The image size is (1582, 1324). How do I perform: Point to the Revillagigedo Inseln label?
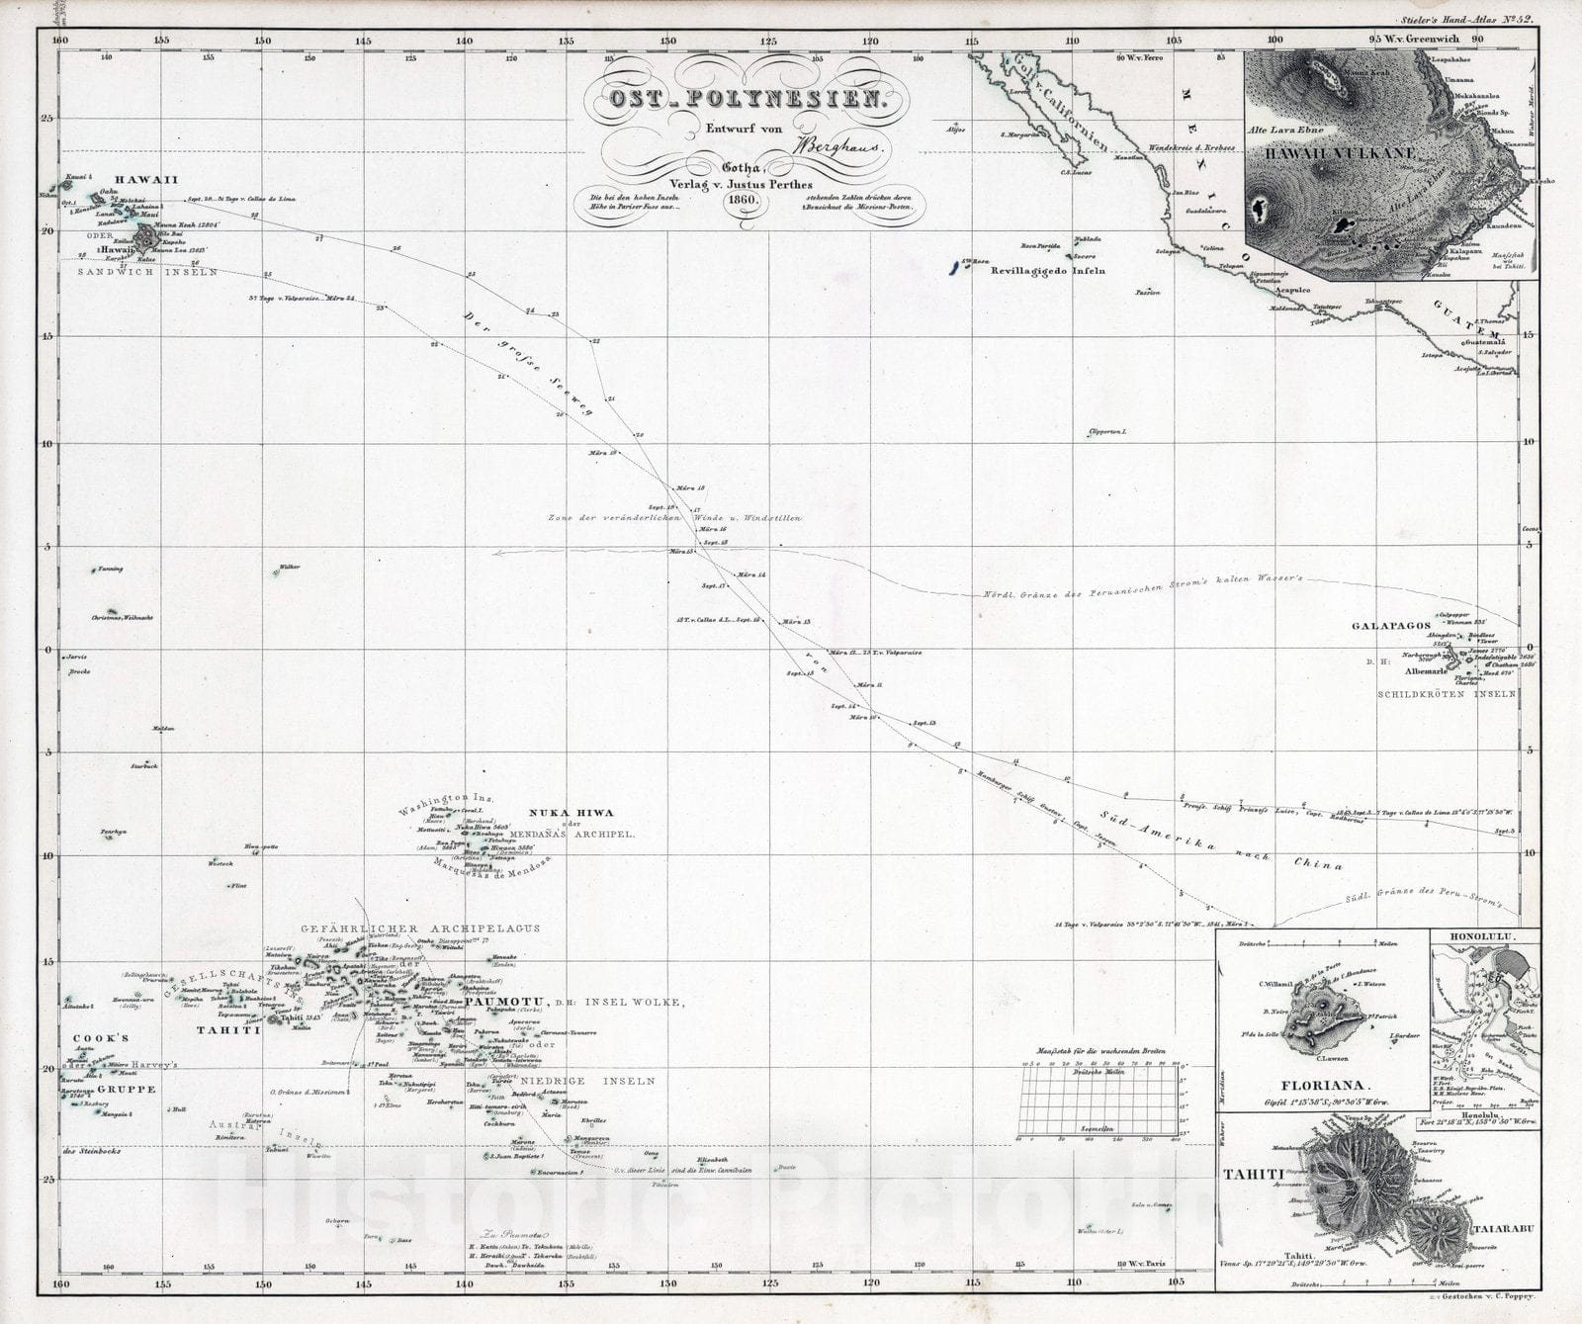pos(1048,270)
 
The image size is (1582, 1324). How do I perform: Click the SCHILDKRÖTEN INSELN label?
pos(1447,694)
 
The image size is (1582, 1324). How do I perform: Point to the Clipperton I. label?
pos(1107,433)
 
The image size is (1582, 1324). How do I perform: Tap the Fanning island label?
pos(110,570)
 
